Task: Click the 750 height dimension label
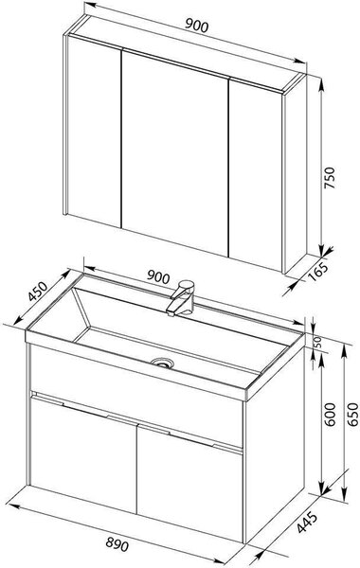click(329, 178)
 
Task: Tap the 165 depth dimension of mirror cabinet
click(318, 271)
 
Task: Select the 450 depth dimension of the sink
click(38, 292)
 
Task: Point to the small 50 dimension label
click(317, 342)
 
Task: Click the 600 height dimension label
click(330, 414)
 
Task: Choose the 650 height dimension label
click(352, 414)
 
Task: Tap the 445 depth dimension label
click(307, 523)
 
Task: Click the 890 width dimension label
click(117, 544)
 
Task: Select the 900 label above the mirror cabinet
click(197, 26)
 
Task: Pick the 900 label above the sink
click(158, 277)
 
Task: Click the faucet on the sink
click(181, 298)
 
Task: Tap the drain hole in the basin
click(162, 363)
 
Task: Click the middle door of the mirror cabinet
click(175, 152)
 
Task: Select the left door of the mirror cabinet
click(94, 132)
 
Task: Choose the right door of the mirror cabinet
click(256, 175)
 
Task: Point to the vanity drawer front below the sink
click(136, 395)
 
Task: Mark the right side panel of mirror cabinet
click(296, 173)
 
